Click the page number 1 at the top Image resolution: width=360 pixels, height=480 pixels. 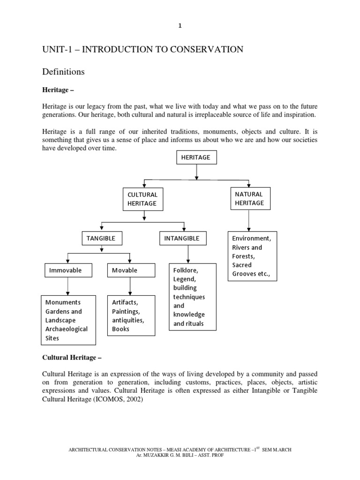pyautogui.click(x=180, y=26)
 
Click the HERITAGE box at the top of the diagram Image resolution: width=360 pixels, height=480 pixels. pyautogui.click(x=196, y=158)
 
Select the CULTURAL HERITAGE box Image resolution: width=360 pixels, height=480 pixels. pyautogui.click(x=142, y=199)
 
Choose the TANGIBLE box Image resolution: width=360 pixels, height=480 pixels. pyautogui.click(x=101, y=239)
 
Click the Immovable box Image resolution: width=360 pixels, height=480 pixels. pyautogui.click(x=68, y=270)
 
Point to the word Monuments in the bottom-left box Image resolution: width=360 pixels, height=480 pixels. pyautogui.click(x=63, y=303)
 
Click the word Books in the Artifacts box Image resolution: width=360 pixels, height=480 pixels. pyautogui.click(x=120, y=329)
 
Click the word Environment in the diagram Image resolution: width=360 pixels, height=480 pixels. pyautogui.click(x=251, y=239)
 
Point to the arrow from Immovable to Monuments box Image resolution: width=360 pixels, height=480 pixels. pyautogui.click(x=68, y=286)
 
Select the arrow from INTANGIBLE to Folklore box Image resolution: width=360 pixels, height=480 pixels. pyautogui.click(x=188, y=254)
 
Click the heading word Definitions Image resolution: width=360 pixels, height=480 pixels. pyautogui.click(x=63, y=72)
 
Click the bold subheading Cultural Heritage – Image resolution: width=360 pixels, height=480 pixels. pyautogui.click(x=72, y=358)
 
